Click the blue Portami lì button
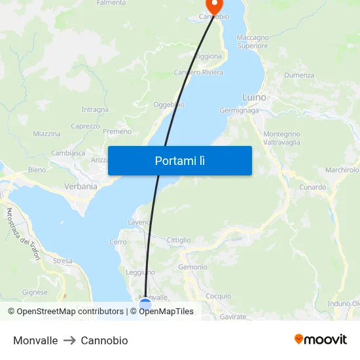click(x=179, y=160)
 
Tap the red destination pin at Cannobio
click(x=213, y=6)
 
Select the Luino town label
click(x=254, y=98)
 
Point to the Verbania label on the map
click(x=81, y=186)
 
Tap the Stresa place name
click(x=63, y=261)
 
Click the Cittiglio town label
click(x=179, y=240)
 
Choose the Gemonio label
click(x=192, y=267)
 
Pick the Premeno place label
click(x=117, y=132)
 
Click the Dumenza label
click(x=299, y=75)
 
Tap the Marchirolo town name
click(x=342, y=170)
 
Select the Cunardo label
click(x=313, y=187)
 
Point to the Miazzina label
click(x=46, y=134)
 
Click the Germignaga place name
click(x=239, y=111)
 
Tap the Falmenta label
click(x=111, y=3)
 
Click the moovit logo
click(x=320, y=340)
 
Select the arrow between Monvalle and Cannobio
click(x=69, y=340)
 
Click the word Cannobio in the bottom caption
click(x=104, y=340)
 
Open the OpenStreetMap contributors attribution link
click(x=65, y=312)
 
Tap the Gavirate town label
click(x=233, y=317)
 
